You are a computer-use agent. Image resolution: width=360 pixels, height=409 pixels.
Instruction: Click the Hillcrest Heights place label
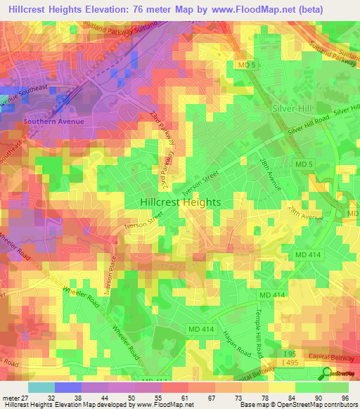(180, 202)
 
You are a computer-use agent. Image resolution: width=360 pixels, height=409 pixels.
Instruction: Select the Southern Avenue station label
(54, 121)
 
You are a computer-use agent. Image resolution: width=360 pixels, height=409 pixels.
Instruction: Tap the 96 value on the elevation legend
(344, 397)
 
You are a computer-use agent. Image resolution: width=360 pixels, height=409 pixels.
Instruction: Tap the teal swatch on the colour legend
(41, 387)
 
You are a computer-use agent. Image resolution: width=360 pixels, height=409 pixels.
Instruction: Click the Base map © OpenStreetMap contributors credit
(298, 405)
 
